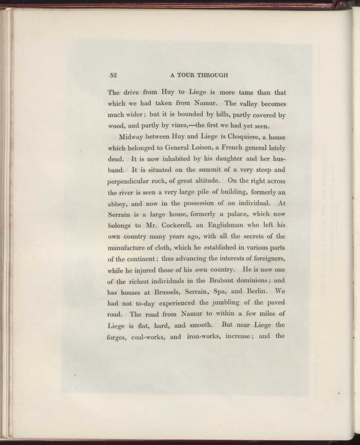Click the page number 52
tap(114, 75)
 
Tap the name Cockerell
tap(173, 225)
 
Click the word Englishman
tap(220, 225)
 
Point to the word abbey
tap(118, 204)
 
